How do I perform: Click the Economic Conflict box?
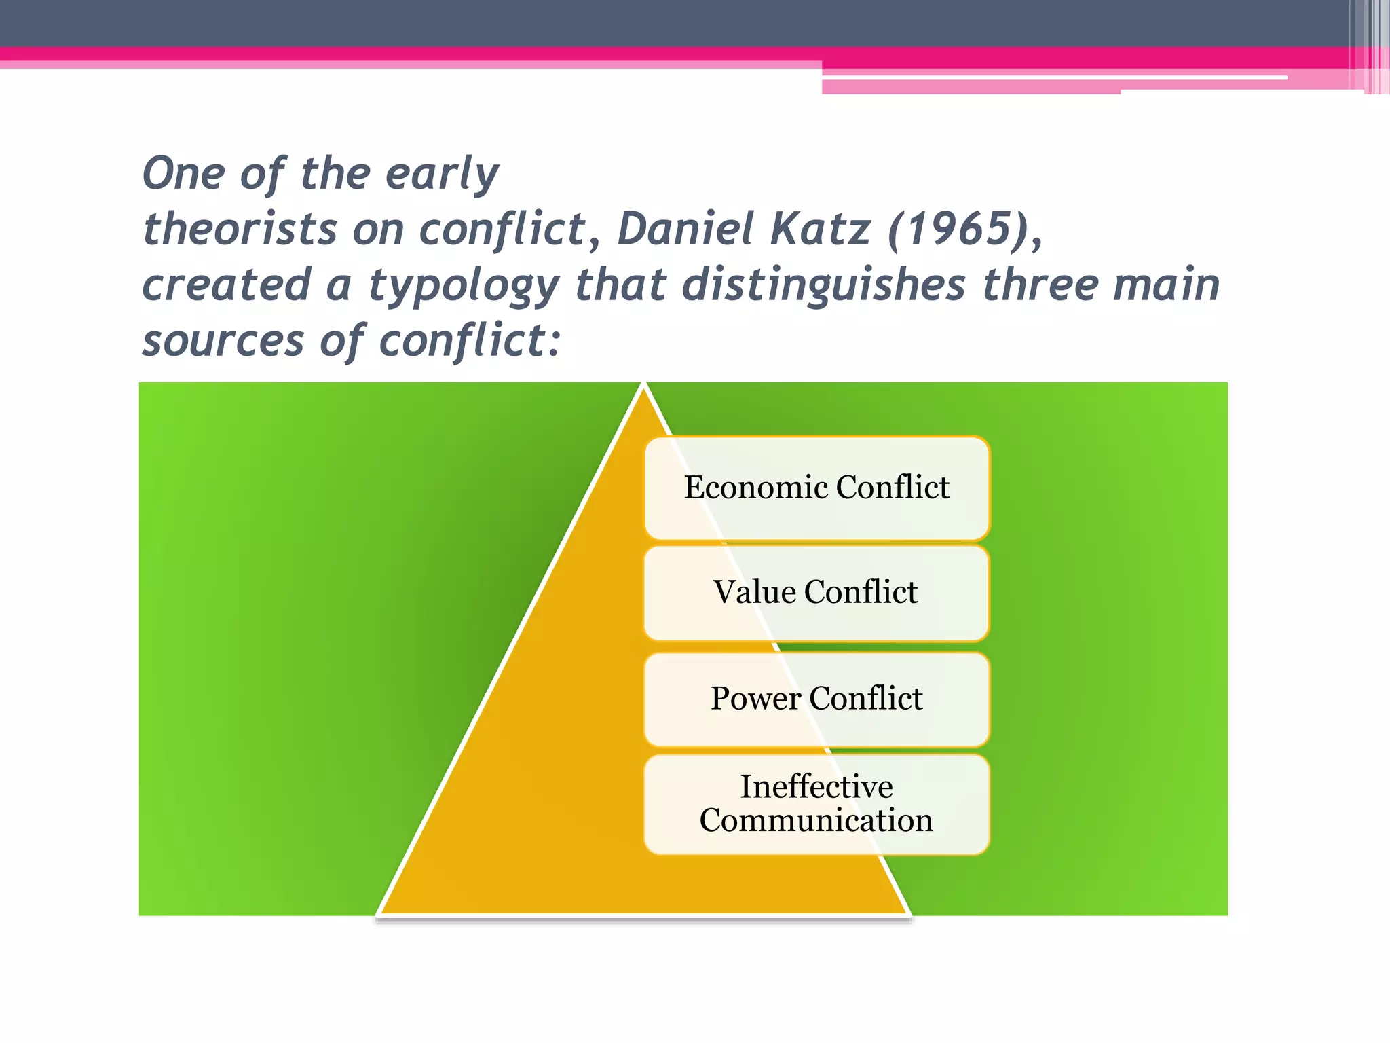tap(816, 488)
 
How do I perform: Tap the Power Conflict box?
tap(816, 699)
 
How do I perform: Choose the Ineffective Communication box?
tap(816, 804)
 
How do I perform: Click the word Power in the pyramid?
tap(755, 699)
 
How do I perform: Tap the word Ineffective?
tap(816, 787)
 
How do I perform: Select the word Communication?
tap(816, 821)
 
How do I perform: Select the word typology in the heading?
tap(464, 286)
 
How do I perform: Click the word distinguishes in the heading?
tap(823, 285)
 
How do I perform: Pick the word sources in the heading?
tap(223, 342)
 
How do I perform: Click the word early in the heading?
tap(443, 175)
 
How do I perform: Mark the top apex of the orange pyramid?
tap(643, 386)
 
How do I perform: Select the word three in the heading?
tap(1040, 285)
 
